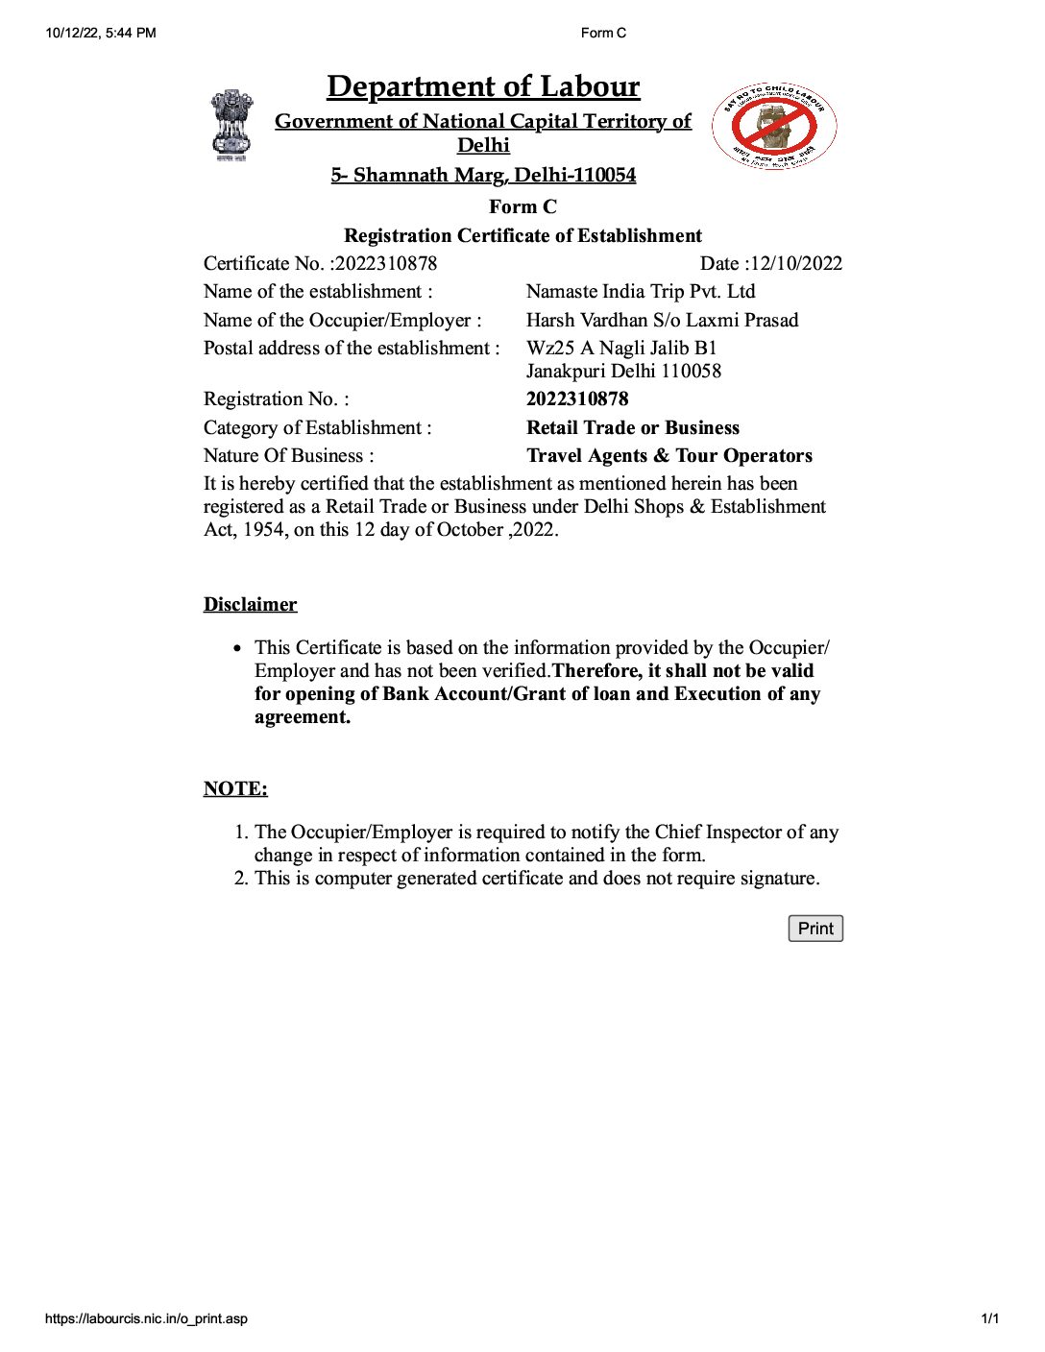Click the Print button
click(815, 929)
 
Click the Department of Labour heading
click(483, 86)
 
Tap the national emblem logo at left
click(231, 125)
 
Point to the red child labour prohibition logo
click(774, 126)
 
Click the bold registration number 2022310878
click(577, 399)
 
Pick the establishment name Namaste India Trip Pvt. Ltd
click(641, 292)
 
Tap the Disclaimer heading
click(250, 605)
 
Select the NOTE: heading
click(235, 789)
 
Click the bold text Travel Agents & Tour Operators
click(669, 456)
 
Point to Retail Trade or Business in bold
click(633, 428)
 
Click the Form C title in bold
click(522, 207)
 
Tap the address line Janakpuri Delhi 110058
click(623, 372)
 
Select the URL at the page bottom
click(146, 1318)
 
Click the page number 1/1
click(989, 1318)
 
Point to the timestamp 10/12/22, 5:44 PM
click(101, 33)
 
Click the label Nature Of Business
click(288, 456)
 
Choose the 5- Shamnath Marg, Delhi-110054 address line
click(483, 175)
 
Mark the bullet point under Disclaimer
click(237, 648)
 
